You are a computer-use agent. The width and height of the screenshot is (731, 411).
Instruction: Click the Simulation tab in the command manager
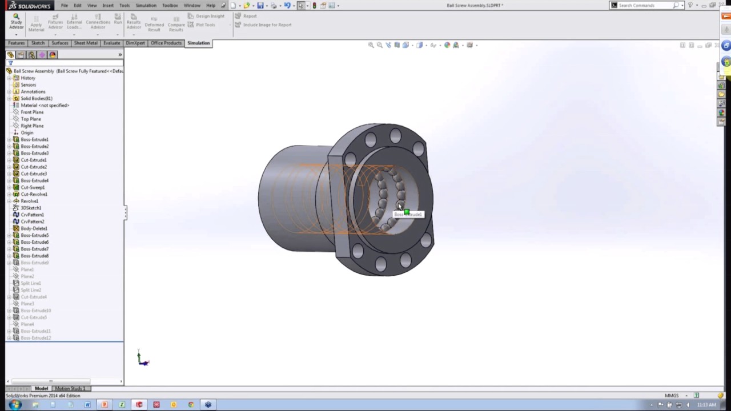(198, 43)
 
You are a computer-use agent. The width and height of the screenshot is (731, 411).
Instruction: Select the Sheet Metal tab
(86, 43)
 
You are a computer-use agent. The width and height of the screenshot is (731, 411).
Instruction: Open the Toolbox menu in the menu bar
(170, 5)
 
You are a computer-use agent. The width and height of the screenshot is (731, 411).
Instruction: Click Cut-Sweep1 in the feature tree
(33, 187)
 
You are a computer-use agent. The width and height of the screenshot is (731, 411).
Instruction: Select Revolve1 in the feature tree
(29, 201)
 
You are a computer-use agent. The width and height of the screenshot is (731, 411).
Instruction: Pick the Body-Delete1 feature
(34, 228)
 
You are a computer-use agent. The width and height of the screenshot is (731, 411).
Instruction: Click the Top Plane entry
(31, 119)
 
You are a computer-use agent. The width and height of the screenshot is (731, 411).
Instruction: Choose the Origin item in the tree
(27, 132)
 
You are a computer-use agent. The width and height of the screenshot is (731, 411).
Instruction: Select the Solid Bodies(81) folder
(36, 98)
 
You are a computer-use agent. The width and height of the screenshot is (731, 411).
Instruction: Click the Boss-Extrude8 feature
(34, 256)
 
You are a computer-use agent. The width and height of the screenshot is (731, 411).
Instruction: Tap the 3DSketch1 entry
(31, 208)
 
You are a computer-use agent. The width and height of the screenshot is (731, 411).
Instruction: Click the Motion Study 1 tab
(69, 389)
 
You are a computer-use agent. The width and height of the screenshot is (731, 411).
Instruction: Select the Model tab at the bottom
(41, 389)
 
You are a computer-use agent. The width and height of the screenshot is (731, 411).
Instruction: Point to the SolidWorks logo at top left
(30, 6)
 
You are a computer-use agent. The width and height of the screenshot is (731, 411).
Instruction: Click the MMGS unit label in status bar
(672, 396)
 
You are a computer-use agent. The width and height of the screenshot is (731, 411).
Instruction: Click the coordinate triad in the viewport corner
(142, 359)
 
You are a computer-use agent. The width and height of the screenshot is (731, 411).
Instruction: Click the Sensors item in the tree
(28, 84)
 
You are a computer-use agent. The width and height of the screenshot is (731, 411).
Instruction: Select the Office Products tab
(166, 43)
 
